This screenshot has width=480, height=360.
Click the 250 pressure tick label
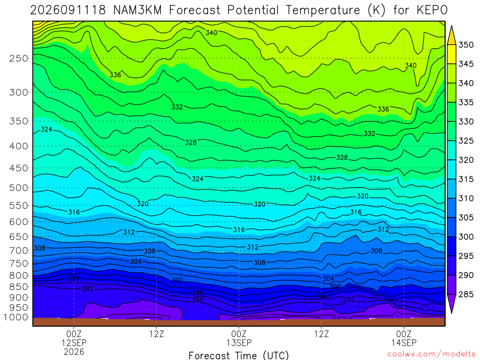click(19, 58)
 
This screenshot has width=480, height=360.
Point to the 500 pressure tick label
click(19, 187)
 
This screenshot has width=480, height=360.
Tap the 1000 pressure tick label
click(16, 317)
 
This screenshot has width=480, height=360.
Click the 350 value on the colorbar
click(466, 45)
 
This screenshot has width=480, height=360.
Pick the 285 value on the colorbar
click(466, 294)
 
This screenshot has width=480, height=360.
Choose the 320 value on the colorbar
click(466, 160)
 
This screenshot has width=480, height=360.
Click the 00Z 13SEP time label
click(239, 338)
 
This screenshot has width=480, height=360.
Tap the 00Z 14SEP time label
click(404, 338)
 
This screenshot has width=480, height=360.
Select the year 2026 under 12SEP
click(74, 352)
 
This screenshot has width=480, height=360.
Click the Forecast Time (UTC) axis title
click(239, 355)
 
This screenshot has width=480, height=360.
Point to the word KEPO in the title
click(432, 10)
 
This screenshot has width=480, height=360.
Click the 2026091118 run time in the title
click(68, 10)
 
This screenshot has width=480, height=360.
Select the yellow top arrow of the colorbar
click(451, 35)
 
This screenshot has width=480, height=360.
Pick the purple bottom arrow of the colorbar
click(451, 304)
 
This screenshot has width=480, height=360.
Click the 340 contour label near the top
click(211, 33)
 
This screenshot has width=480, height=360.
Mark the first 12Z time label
click(157, 333)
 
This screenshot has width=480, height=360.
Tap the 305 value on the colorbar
click(466, 217)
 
